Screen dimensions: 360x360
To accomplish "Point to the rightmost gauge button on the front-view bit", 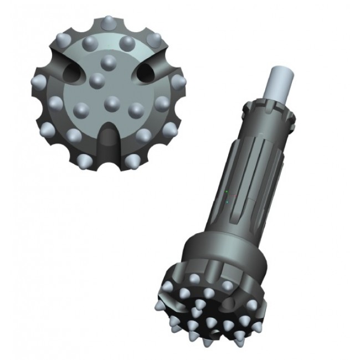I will (178, 82).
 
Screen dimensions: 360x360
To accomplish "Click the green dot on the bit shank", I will (226, 192).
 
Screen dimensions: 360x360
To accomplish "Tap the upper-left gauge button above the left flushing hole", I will (61, 40).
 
